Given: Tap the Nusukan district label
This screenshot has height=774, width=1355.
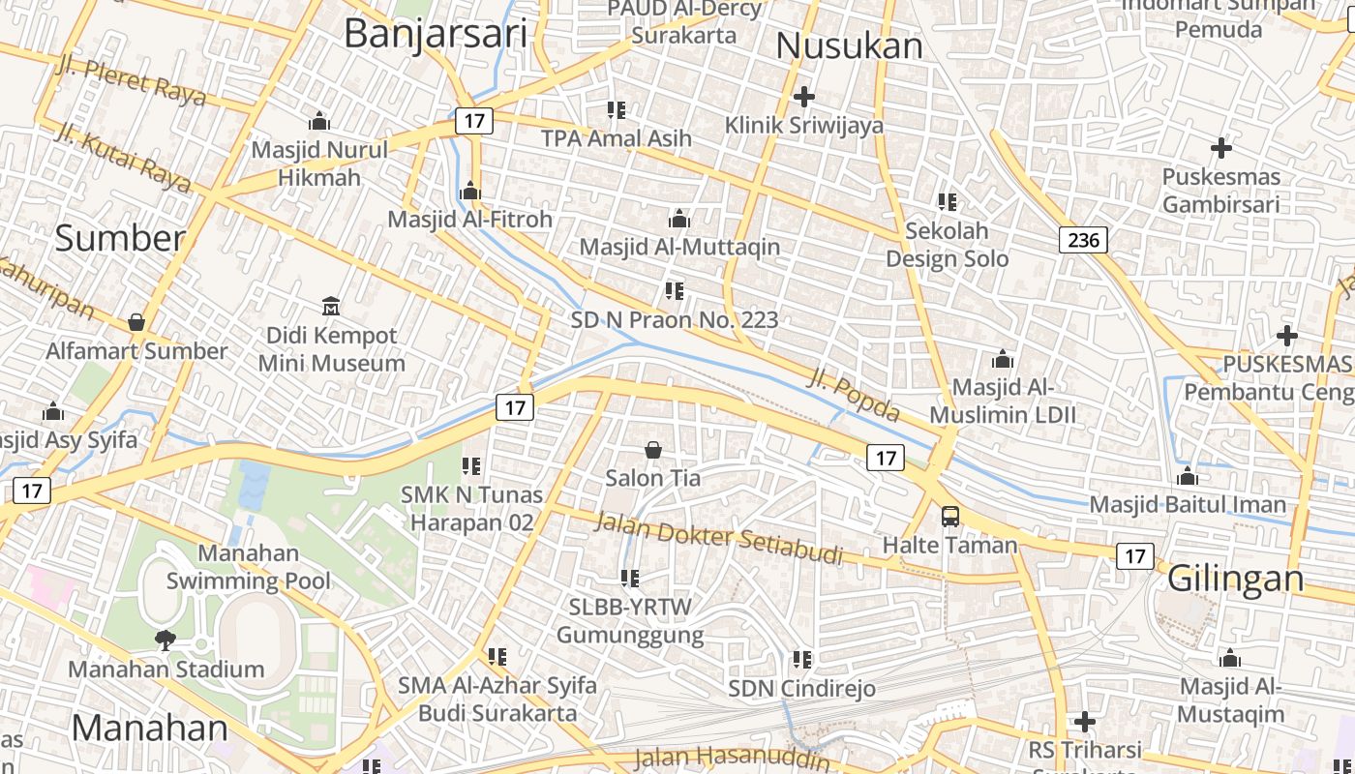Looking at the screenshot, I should tap(849, 45).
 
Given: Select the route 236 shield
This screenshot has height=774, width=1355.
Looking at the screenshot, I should tap(1082, 240).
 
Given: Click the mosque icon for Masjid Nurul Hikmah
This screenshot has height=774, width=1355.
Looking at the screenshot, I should tap(318, 122).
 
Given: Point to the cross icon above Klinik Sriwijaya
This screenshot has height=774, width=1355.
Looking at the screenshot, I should tap(803, 97).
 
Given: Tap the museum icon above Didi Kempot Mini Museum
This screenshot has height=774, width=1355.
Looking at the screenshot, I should tap(331, 307).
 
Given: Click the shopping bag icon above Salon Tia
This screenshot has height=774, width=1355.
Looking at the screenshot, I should tap(653, 450).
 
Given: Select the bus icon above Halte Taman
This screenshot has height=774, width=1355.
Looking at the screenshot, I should tap(950, 517).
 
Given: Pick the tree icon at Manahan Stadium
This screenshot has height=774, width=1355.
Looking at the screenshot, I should tap(166, 640).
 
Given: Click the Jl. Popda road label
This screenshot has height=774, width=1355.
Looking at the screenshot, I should tap(853, 395).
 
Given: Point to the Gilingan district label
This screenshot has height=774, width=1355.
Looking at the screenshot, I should tap(1235, 579).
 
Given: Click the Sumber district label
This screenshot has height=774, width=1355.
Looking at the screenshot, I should tap(119, 238).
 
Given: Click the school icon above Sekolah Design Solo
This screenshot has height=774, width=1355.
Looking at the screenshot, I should tap(948, 202).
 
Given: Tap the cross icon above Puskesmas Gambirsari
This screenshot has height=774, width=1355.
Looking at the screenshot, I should tap(1221, 149).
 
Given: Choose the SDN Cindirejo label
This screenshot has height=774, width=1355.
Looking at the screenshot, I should tap(801, 689).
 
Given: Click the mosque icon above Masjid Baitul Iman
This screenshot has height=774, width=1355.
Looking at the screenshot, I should tap(1188, 477).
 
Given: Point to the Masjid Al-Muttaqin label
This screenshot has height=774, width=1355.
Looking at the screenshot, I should tap(679, 247).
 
